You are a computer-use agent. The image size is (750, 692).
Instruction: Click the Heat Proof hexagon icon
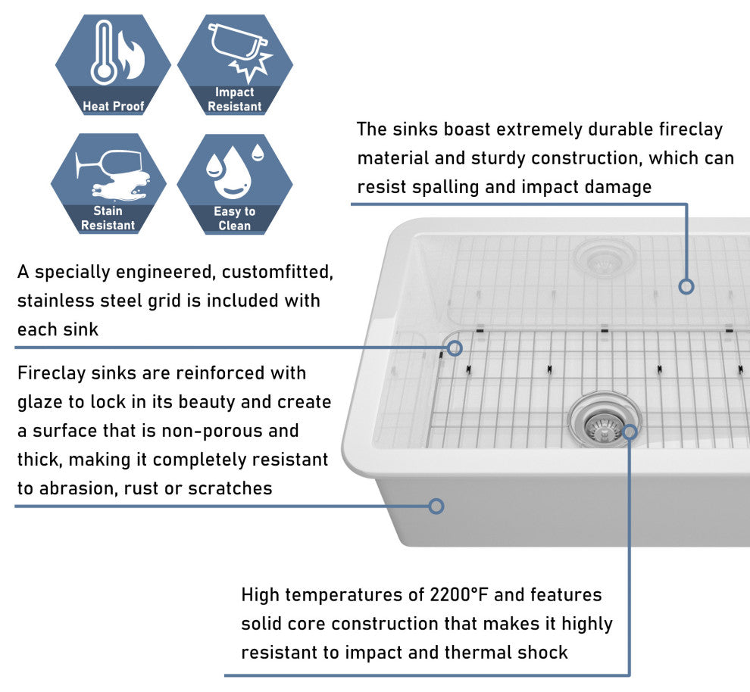pyautogui.click(x=113, y=64)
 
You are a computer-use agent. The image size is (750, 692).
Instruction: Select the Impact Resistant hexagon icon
pyautogui.click(x=235, y=64)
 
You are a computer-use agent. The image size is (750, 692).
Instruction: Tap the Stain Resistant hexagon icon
pyautogui.click(x=108, y=183)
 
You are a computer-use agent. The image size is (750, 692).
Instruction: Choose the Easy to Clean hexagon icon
pyautogui.click(x=235, y=183)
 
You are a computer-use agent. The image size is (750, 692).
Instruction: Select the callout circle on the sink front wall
pyautogui.click(x=436, y=506)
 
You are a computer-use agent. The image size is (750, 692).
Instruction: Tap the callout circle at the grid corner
pyautogui.click(x=455, y=348)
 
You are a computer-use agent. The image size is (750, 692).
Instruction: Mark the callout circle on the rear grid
pyautogui.click(x=686, y=286)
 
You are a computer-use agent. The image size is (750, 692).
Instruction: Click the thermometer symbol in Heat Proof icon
pyautogui.click(x=104, y=53)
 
